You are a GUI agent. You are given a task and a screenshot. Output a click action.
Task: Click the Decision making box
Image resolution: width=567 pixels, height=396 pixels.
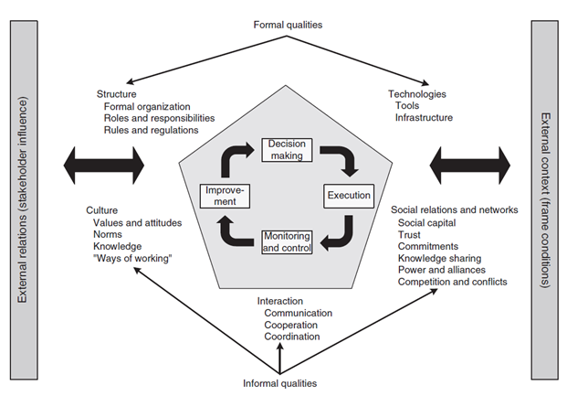pyautogui.click(x=288, y=149)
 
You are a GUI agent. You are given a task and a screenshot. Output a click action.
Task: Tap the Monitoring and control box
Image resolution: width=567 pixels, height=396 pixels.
pyautogui.click(x=288, y=241)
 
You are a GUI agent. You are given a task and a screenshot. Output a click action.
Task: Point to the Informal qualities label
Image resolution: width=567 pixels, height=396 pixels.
pyautogui.click(x=285, y=381)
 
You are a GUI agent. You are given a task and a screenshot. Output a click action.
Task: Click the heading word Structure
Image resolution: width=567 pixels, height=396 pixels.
pyautogui.click(x=117, y=93)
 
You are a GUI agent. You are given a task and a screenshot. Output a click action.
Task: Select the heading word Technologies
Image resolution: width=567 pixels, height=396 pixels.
pyautogui.click(x=417, y=93)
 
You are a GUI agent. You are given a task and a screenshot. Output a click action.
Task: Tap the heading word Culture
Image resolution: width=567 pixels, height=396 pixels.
pyautogui.click(x=101, y=209)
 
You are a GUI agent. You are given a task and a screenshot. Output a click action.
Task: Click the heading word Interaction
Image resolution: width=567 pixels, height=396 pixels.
pyautogui.click(x=280, y=300)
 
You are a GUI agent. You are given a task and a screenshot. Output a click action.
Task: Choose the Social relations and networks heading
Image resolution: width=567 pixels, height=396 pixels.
pyautogui.click(x=454, y=209)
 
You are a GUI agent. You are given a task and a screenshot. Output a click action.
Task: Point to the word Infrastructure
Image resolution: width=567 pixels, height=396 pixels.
pyautogui.click(x=424, y=117)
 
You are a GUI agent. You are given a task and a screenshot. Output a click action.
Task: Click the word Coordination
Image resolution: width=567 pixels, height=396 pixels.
pyautogui.click(x=292, y=337)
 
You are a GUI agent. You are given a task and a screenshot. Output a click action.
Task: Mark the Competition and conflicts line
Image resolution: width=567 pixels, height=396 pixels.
pyautogui.click(x=453, y=283)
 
